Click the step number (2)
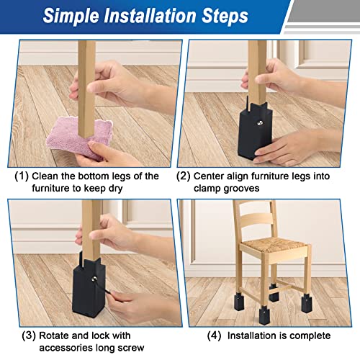point(184,176)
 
